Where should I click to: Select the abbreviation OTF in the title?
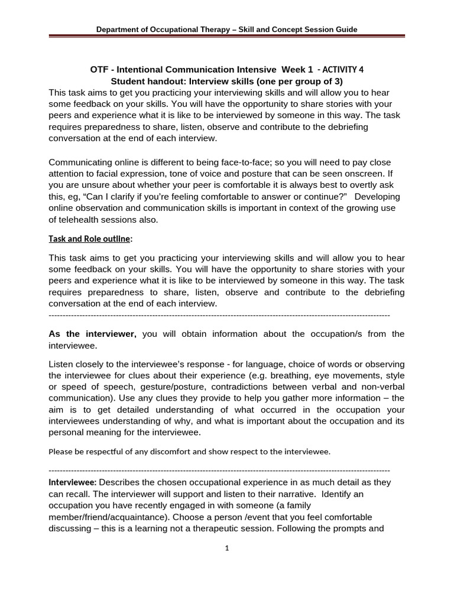100,69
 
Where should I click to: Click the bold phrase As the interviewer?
92,334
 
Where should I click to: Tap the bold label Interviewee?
72,483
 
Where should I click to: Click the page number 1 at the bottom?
226,548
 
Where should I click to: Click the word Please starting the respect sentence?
61,452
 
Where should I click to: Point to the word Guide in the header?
345,29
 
